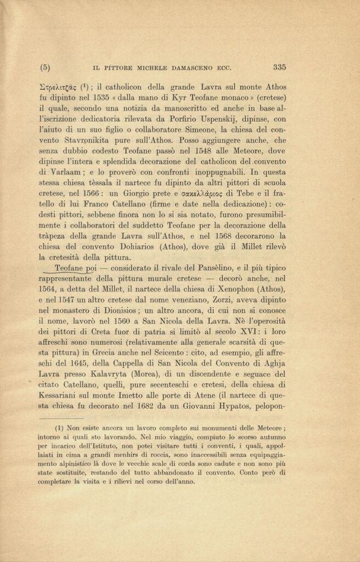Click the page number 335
click(279, 68)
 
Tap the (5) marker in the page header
click(46, 68)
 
